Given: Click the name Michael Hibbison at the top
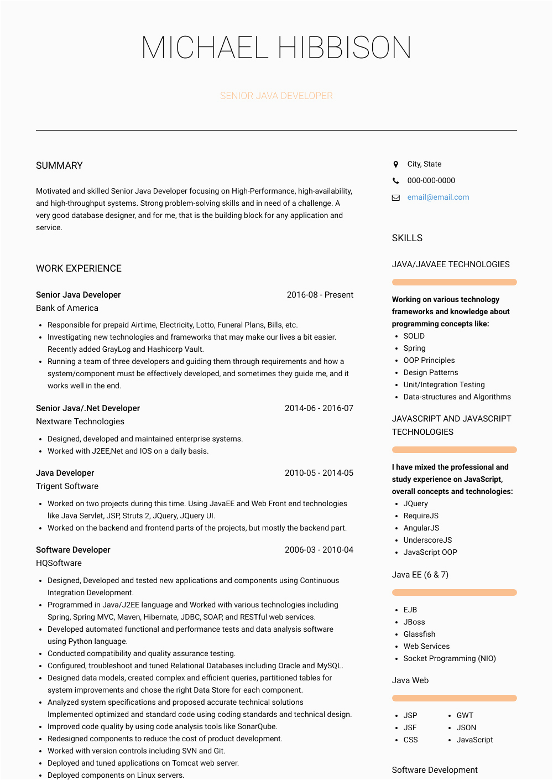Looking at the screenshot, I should click(x=276, y=48).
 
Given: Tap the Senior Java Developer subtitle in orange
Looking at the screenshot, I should click(x=276, y=96).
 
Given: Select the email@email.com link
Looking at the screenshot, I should click(x=438, y=197).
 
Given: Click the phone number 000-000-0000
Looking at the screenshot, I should click(x=431, y=180).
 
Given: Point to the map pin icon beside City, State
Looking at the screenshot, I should click(x=395, y=164).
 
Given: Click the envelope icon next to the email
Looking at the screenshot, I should click(x=396, y=197).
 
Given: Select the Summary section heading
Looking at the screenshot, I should click(x=59, y=165).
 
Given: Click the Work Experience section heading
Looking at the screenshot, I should click(x=79, y=268).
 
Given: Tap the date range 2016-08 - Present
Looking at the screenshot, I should click(x=320, y=295).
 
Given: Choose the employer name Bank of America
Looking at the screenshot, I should click(x=67, y=308).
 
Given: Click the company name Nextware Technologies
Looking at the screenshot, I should click(x=80, y=422).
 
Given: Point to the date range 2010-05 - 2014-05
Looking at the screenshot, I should click(x=319, y=473).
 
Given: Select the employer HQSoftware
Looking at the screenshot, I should click(x=59, y=563).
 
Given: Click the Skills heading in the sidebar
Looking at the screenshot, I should click(x=407, y=238).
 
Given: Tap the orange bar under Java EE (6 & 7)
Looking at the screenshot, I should click(x=454, y=592).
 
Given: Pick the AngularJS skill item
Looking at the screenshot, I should click(x=421, y=528).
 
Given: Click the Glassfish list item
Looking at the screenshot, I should click(x=419, y=634).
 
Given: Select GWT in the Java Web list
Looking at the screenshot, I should click(x=465, y=715).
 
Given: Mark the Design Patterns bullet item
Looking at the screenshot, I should click(x=430, y=372).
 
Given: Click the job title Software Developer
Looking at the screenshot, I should click(x=73, y=550).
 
